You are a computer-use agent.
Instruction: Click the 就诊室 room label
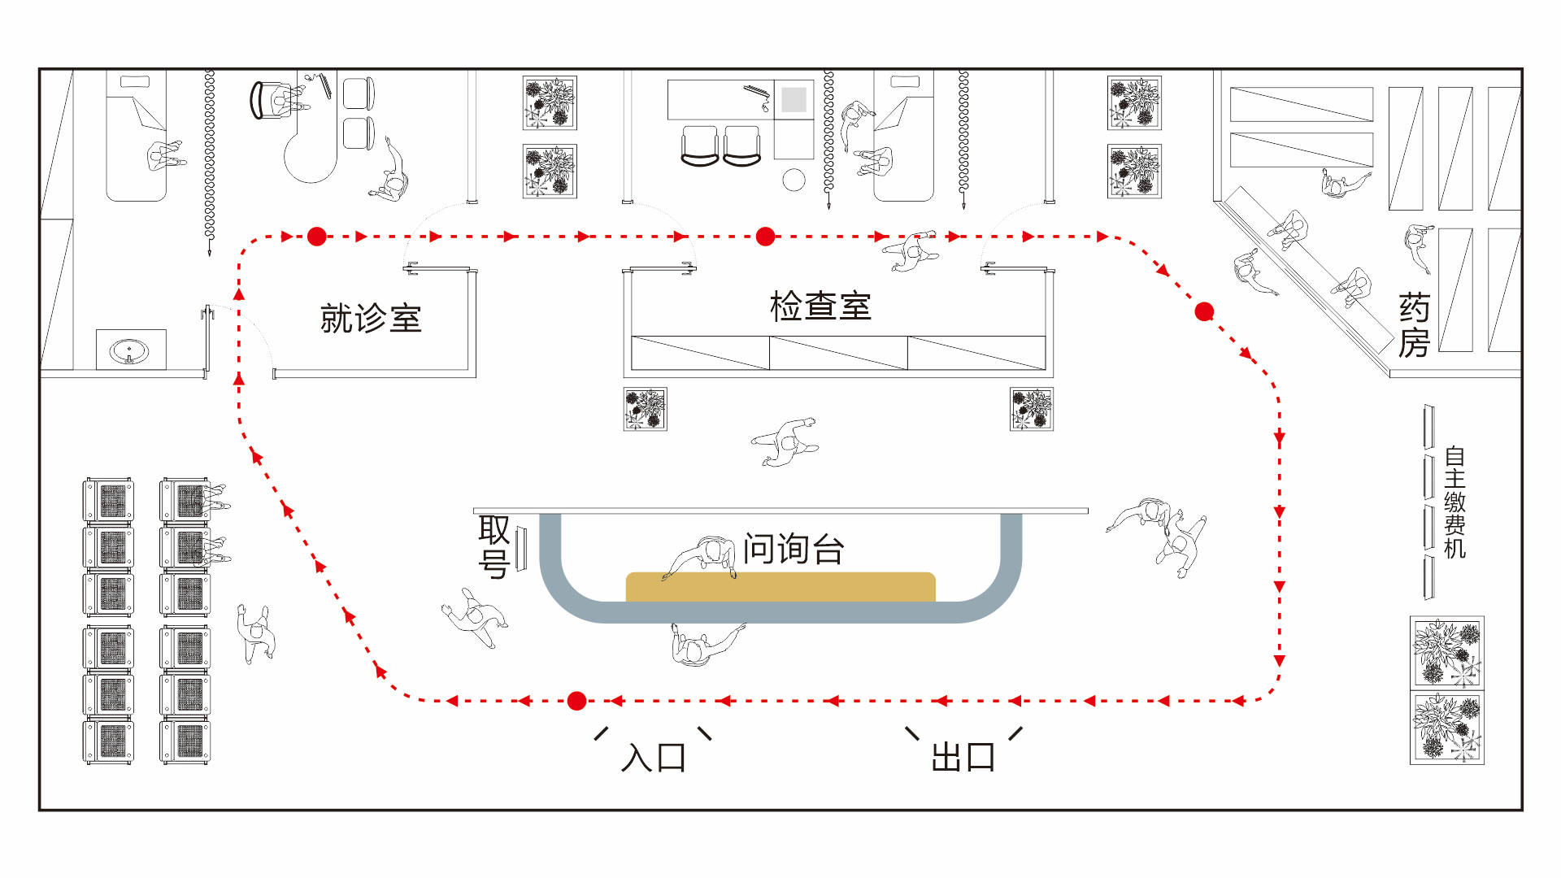click(371, 318)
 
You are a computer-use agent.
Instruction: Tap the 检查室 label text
click(820, 306)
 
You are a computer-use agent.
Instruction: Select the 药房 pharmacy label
click(1414, 325)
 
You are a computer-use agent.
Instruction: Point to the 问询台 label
click(794, 549)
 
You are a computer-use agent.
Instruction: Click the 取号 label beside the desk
click(494, 546)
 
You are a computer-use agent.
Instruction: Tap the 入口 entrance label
click(654, 758)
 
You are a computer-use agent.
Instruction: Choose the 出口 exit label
click(963, 758)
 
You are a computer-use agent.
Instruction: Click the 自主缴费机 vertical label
click(1454, 502)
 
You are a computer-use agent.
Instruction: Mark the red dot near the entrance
click(577, 701)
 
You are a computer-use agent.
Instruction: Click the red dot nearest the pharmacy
click(1204, 311)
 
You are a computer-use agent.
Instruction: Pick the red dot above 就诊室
click(317, 237)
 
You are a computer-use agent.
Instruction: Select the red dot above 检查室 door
click(765, 237)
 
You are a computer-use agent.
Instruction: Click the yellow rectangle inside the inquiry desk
click(780, 587)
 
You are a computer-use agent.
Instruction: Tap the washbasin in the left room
click(129, 351)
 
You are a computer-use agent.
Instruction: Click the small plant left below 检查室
click(646, 409)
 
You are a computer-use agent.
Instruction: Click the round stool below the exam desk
click(794, 180)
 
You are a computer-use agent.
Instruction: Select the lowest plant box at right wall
click(1447, 728)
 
